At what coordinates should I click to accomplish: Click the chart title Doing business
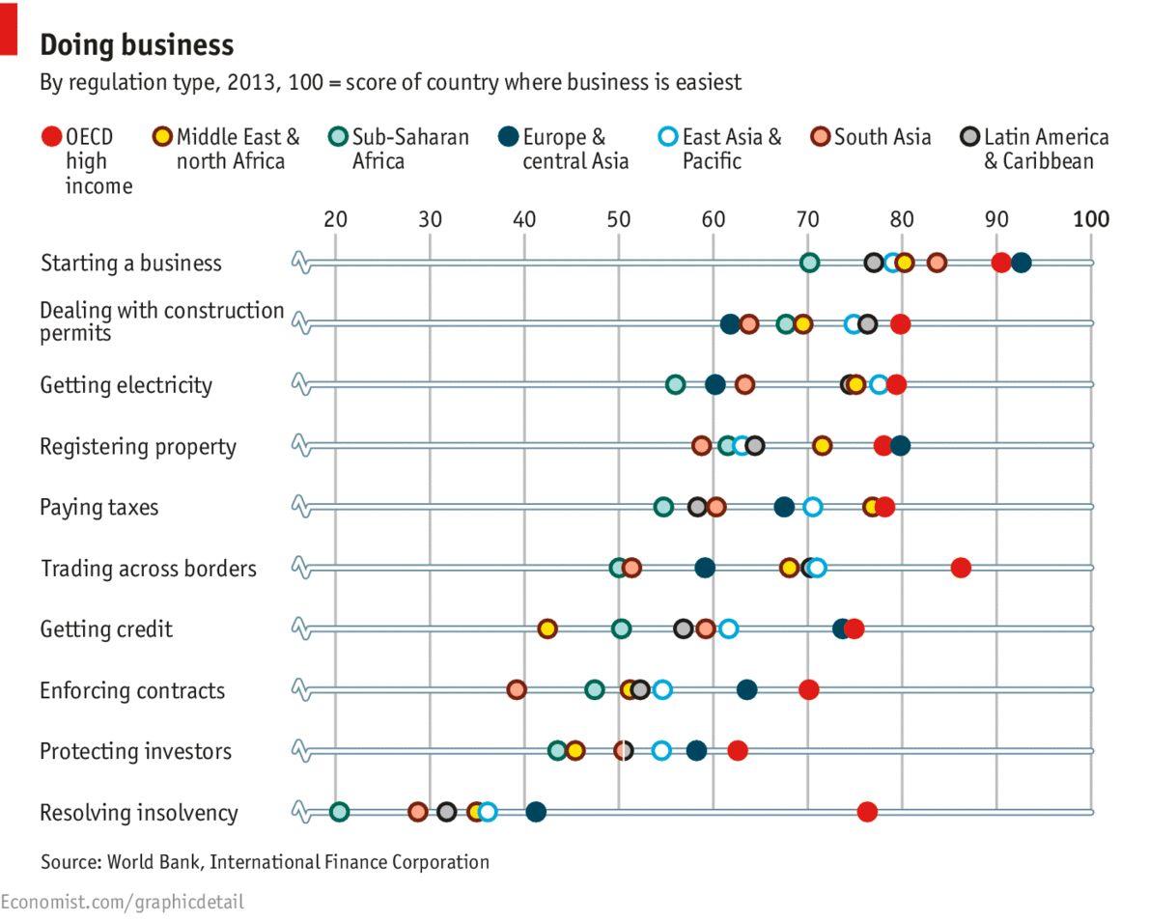(136, 45)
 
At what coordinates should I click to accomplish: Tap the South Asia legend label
(883, 137)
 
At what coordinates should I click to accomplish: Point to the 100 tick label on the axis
(1091, 219)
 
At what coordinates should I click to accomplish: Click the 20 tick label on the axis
(335, 219)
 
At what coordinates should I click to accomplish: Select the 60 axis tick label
(714, 219)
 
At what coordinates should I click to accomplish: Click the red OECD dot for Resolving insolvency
(867, 812)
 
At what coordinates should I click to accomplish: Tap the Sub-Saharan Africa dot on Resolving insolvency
(339, 812)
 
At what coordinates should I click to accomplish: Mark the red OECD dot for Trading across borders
(961, 568)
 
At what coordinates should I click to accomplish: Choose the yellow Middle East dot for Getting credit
(547, 629)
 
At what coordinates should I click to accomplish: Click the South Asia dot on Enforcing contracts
(517, 690)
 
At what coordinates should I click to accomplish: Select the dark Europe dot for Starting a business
(1021, 263)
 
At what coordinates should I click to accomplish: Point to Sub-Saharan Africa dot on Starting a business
(810, 263)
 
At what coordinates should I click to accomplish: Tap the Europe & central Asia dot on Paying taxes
(784, 507)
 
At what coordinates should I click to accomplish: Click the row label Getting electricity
(126, 385)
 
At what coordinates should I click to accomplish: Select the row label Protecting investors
(135, 751)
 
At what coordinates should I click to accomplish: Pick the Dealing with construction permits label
(161, 321)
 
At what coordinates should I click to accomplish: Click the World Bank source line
(265, 862)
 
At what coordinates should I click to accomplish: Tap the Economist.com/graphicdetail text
(123, 903)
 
